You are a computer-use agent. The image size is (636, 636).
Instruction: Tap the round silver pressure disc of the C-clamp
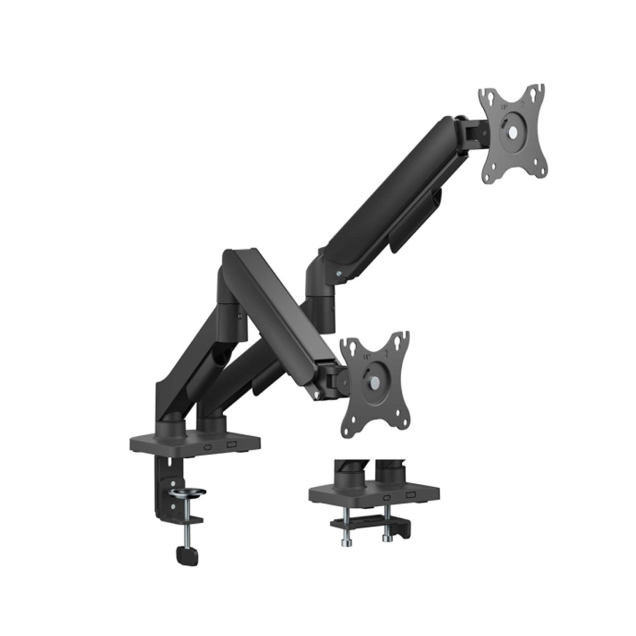(186, 495)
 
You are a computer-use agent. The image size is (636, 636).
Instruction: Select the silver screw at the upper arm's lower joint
(340, 273)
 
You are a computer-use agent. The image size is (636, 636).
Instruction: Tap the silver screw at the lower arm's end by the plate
(317, 394)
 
